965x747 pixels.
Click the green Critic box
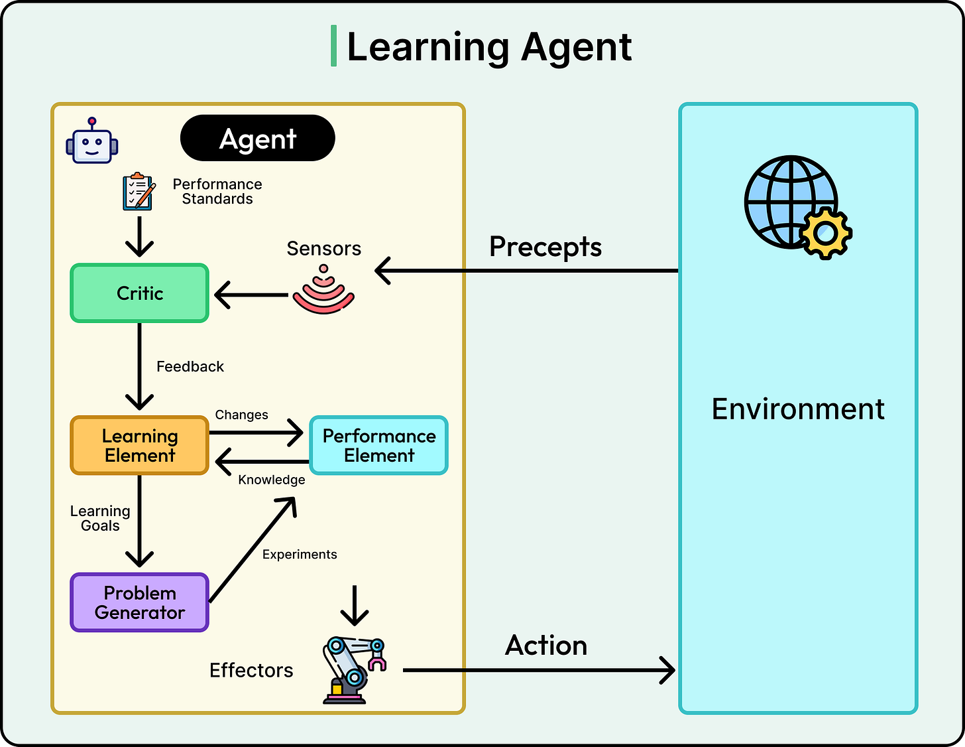(140, 293)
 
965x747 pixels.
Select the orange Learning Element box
(140, 446)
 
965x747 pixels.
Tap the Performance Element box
(379, 446)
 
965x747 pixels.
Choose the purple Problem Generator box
(140, 602)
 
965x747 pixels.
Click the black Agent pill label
(258, 139)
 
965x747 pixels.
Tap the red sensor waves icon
(323, 292)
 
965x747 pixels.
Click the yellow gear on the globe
(826, 232)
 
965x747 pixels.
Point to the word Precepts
(545, 247)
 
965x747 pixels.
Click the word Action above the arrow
(546, 645)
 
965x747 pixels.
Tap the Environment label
(798, 409)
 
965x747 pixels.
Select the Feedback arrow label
(190, 367)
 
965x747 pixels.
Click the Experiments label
(300, 555)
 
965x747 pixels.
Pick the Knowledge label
(272, 480)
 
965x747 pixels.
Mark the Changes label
(241, 415)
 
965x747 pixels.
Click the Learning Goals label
(100, 518)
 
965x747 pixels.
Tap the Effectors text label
(251, 671)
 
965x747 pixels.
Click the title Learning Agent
(489, 47)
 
